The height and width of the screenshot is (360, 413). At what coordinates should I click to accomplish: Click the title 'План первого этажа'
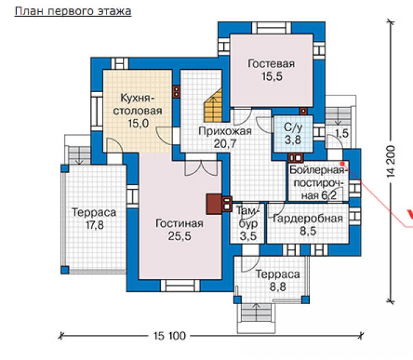coord(73,11)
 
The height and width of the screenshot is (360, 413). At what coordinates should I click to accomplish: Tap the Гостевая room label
coord(271,64)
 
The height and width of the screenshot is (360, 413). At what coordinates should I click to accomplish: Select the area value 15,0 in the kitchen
coord(138,123)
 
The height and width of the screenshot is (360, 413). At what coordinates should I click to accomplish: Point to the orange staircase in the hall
coord(213,105)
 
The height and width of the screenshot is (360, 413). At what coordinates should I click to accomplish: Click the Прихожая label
coord(225,131)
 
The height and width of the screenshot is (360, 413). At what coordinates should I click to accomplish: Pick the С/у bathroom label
coord(292,127)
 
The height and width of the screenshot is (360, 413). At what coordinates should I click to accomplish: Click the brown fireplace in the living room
coord(214,204)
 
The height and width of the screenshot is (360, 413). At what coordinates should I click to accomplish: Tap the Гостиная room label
coord(179,223)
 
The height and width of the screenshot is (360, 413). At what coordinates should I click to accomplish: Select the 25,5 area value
coord(179,236)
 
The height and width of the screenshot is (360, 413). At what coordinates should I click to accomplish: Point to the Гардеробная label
coord(308,219)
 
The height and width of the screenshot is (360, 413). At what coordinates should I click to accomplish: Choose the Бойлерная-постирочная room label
coord(317,183)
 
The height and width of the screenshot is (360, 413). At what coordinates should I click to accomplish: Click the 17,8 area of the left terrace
coord(94,225)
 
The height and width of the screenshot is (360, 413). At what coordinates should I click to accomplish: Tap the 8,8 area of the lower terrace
coord(277,287)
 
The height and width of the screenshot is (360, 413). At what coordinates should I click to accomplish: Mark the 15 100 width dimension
coord(170,336)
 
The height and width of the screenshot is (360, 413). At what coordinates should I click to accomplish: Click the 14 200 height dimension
coord(391,161)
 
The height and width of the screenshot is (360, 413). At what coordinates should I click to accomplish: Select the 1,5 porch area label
coord(342,133)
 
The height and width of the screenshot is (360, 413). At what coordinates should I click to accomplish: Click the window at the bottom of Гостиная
coord(180,286)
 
